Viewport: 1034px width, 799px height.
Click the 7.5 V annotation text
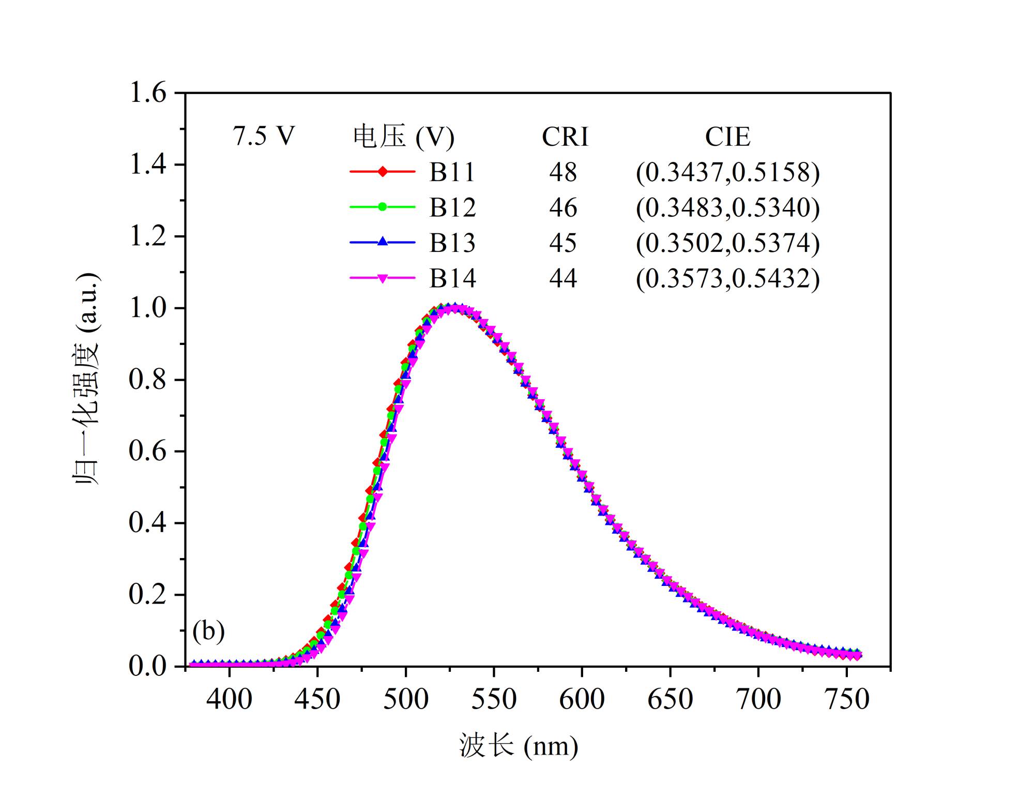coord(264,137)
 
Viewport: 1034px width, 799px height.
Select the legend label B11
coord(452,172)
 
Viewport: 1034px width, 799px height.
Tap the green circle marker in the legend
coord(382,207)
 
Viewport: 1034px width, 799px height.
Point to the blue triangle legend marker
coord(382,242)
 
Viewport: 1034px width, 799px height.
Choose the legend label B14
coord(452,279)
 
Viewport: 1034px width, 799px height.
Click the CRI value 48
coord(563,172)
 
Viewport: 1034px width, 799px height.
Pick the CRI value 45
coord(563,243)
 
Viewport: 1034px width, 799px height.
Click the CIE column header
coord(727,137)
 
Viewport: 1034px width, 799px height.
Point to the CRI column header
coord(565,137)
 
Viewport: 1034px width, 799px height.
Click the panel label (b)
coord(208,631)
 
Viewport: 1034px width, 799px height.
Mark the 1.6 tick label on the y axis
coord(148,94)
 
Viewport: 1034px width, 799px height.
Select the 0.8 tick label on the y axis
coord(148,380)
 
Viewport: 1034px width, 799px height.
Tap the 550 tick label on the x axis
coord(494,699)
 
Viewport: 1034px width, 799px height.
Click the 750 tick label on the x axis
coord(847,699)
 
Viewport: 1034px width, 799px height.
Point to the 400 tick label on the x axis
coord(229,699)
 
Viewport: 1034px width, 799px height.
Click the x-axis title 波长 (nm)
coord(519,746)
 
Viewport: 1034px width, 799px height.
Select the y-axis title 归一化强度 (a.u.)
coord(86,379)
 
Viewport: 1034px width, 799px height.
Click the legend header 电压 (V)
coord(404,137)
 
